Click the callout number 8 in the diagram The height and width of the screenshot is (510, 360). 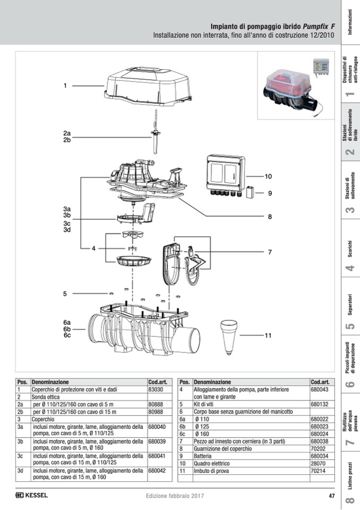(270, 216)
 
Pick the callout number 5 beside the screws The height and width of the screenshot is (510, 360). (65, 294)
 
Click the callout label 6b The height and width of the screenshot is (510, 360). (67, 329)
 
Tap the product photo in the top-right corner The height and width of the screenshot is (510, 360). (297, 87)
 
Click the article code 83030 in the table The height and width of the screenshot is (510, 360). (156, 389)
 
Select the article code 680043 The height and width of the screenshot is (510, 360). (319, 389)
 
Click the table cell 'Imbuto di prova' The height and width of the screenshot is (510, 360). (213, 471)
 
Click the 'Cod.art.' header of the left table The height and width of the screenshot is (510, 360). (158, 382)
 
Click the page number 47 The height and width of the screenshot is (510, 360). (331, 496)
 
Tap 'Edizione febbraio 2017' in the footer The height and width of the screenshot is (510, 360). (175, 496)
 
